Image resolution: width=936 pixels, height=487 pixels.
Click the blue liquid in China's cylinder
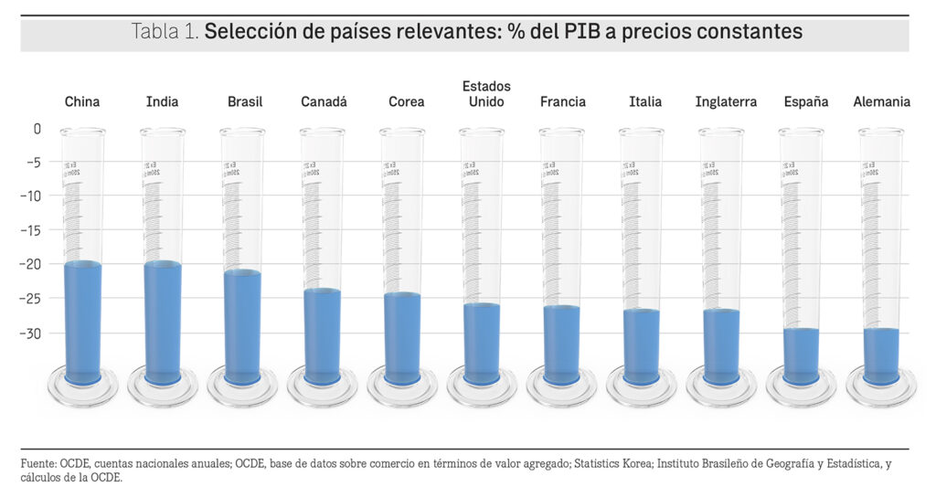pyautogui.click(x=83, y=320)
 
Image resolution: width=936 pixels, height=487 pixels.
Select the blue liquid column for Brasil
pyautogui.click(x=242, y=324)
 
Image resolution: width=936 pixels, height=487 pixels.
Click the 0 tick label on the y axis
pyautogui.click(x=37, y=129)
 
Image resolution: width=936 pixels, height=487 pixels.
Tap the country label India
pyautogui.click(x=163, y=102)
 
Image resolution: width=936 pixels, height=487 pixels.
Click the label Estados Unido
pyautogui.click(x=486, y=94)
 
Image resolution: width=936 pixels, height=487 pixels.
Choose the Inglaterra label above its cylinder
pyautogui.click(x=726, y=102)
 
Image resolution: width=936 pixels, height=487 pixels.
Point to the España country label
pyautogui.click(x=806, y=102)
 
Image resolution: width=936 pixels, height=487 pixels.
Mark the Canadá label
pyautogui.click(x=324, y=102)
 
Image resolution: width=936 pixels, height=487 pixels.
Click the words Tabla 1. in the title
pyautogui.click(x=165, y=32)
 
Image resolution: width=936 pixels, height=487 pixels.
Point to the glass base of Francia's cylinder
pyautogui.click(x=561, y=387)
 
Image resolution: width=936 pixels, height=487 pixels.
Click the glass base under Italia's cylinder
pyautogui.click(x=642, y=387)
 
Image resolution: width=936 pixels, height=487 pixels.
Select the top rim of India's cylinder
pyautogui.click(x=163, y=132)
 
